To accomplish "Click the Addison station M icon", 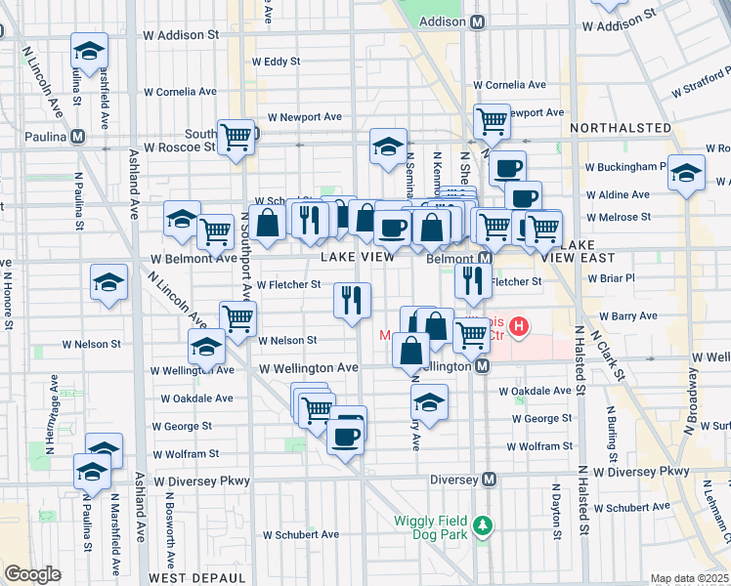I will point(478,21).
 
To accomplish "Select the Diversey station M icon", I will point(490,480).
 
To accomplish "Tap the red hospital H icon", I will point(519,325).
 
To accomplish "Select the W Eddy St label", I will point(276,61).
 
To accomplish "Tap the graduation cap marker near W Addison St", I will point(89,51).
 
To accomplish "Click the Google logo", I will point(32,573).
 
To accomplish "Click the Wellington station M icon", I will point(481,366).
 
